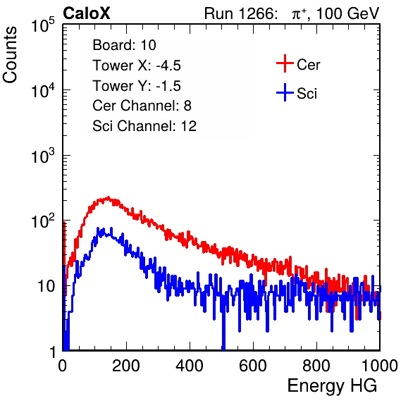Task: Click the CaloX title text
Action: (x=87, y=13)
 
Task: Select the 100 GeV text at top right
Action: (x=347, y=13)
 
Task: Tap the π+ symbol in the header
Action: (x=299, y=14)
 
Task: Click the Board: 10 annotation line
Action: (x=124, y=45)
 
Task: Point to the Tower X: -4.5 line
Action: (x=137, y=66)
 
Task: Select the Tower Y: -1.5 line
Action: (x=137, y=86)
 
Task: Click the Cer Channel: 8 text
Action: (x=142, y=106)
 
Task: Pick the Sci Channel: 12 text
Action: (x=144, y=126)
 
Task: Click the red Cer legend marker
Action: (x=285, y=63)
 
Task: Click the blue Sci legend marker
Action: (x=285, y=92)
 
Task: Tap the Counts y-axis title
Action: (x=10, y=55)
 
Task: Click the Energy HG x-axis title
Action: (x=332, y=386)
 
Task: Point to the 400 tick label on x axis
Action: (x=190, y=366)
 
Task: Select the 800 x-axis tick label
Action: (x=316, y=366)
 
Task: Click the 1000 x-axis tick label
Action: (x=380, y=366)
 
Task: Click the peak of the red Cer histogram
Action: (x=108, y=197)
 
